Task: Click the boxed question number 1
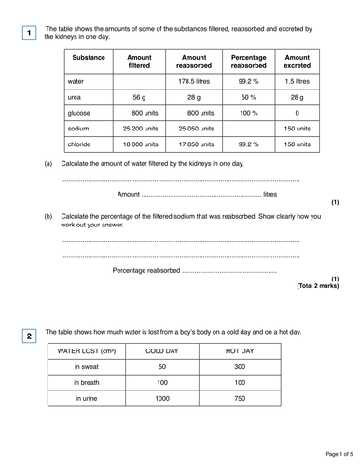[x=29, y=34]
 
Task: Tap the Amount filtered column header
[x=139, y=62]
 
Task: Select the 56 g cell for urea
[x=139, y=97]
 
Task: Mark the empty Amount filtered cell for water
[x=139, y=81]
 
